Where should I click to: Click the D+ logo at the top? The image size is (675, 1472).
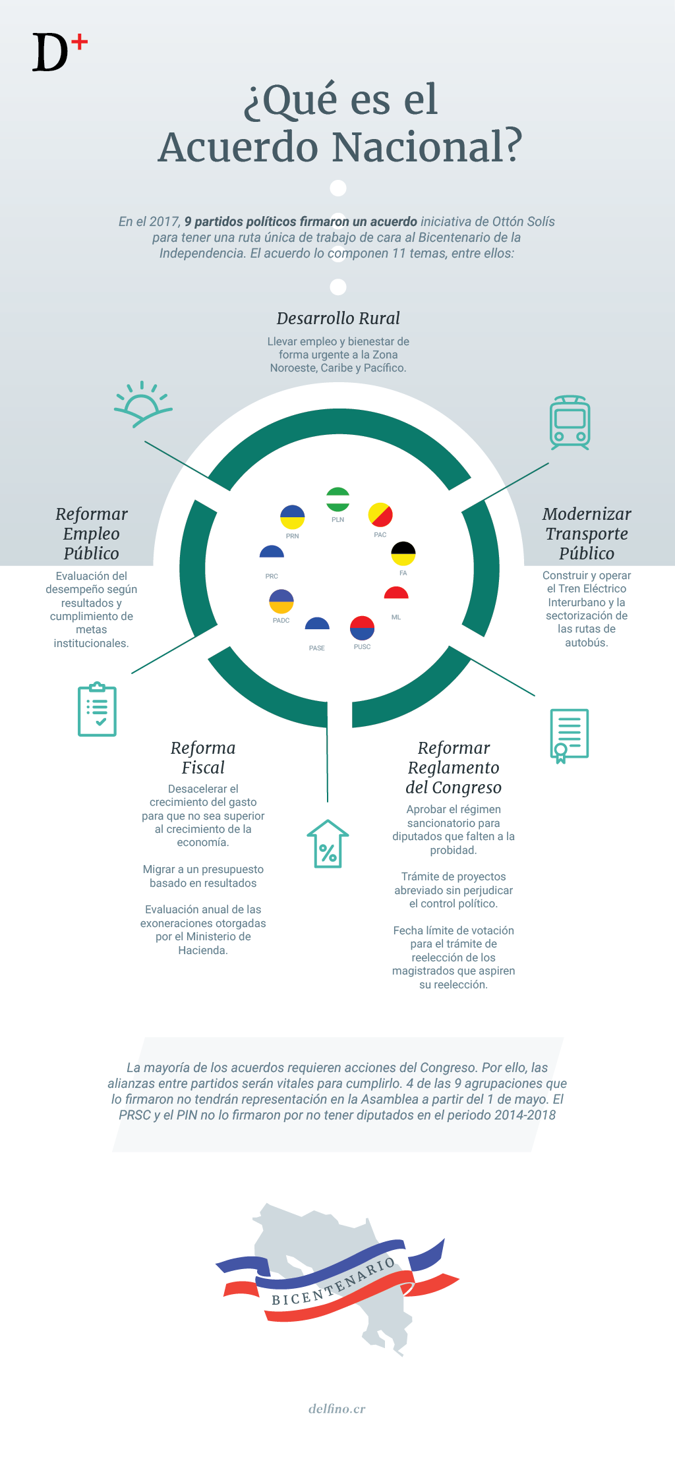pyautogui.click(x=59, y=53)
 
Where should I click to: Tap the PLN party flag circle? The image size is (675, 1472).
pyautogui.click(x=338, y=499)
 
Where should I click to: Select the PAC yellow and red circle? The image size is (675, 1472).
pyautogui.click(x=380, y=515)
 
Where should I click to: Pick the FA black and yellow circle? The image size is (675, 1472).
pyautogui.click(x=403, y=553)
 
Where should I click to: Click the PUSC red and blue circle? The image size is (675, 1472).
pyautogui.click(x=362, y=628)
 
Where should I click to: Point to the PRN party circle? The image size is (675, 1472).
pyautogui.click(x=293, y=517)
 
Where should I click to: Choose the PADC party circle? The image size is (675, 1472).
pyautogui.click(x=281, y=602)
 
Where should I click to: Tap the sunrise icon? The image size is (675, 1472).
pyautogui.click(x=142, y=404)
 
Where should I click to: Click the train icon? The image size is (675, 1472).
pyautogui.click(x=570, y=422)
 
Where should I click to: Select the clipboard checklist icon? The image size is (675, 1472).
pyautogui.click(x=98, y=710)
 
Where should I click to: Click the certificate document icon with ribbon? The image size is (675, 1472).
pyautogui.click(x=569, y=735)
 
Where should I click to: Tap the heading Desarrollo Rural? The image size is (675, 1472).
pyautogui.click(x=338, y=318)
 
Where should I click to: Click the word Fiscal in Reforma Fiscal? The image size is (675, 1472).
pyautogui.click(x=203, y=768)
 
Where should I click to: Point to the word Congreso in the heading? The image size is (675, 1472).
pyautogui.click(x=465, y=787)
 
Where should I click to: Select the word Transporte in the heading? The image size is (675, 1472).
pyautogui.click(x=587, y=534)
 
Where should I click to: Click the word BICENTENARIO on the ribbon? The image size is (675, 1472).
pyautogui.click(x=334, y=1282)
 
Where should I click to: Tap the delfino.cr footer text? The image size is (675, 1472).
pyautogui.click(x=337, y=1409)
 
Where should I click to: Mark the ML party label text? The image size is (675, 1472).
pyautogui.click(x=396, y=617)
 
